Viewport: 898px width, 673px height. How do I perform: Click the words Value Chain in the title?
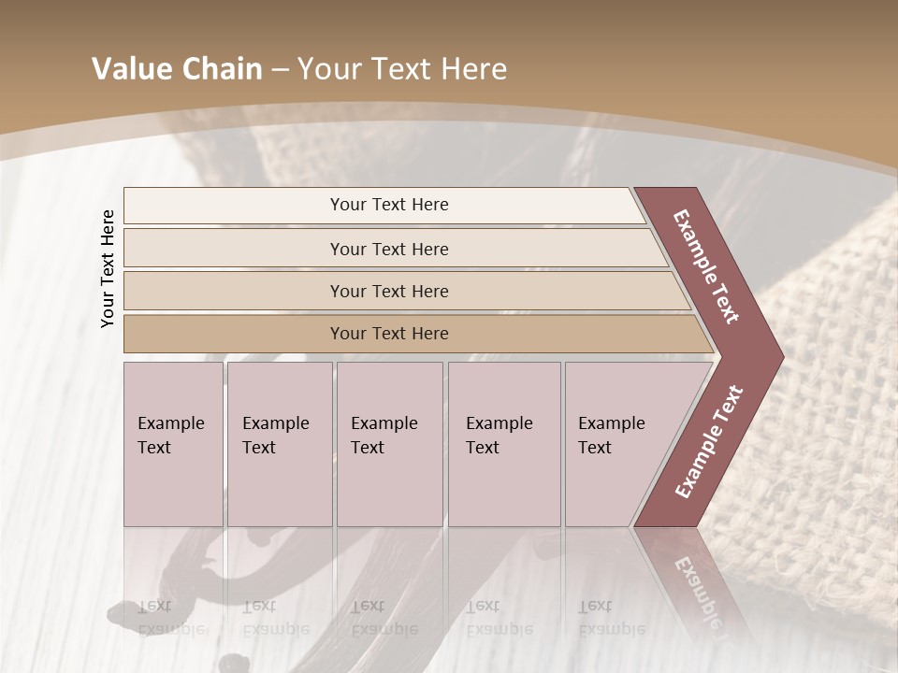pos(177,69)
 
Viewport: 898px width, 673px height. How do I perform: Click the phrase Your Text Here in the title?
pos(402,69)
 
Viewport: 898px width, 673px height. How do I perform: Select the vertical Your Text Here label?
pos(108,268)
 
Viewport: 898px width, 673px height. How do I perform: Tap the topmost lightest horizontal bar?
pos(388,205)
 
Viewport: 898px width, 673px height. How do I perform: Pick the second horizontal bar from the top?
pos(388,249)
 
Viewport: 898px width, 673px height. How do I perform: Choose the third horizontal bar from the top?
pos(388,291)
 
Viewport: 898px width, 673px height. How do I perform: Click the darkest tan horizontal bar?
pos(388,334)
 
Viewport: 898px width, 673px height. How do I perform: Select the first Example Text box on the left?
pos(173,444)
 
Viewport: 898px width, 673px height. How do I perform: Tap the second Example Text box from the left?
pos(279,444)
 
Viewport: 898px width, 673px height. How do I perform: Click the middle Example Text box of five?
pos(388,444)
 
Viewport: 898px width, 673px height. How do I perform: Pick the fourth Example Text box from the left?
pos(503,444)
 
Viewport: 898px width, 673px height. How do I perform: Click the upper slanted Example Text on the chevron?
pos(706,266)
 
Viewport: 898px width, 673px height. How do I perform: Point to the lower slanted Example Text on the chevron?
pos(709,442)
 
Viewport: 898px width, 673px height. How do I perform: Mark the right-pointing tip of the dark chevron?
pos(781,356)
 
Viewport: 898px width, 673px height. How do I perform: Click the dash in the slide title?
pos(280,70)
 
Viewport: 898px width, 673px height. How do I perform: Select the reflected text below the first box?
pos(171,617)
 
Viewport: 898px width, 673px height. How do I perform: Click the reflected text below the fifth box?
pos(610,617)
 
